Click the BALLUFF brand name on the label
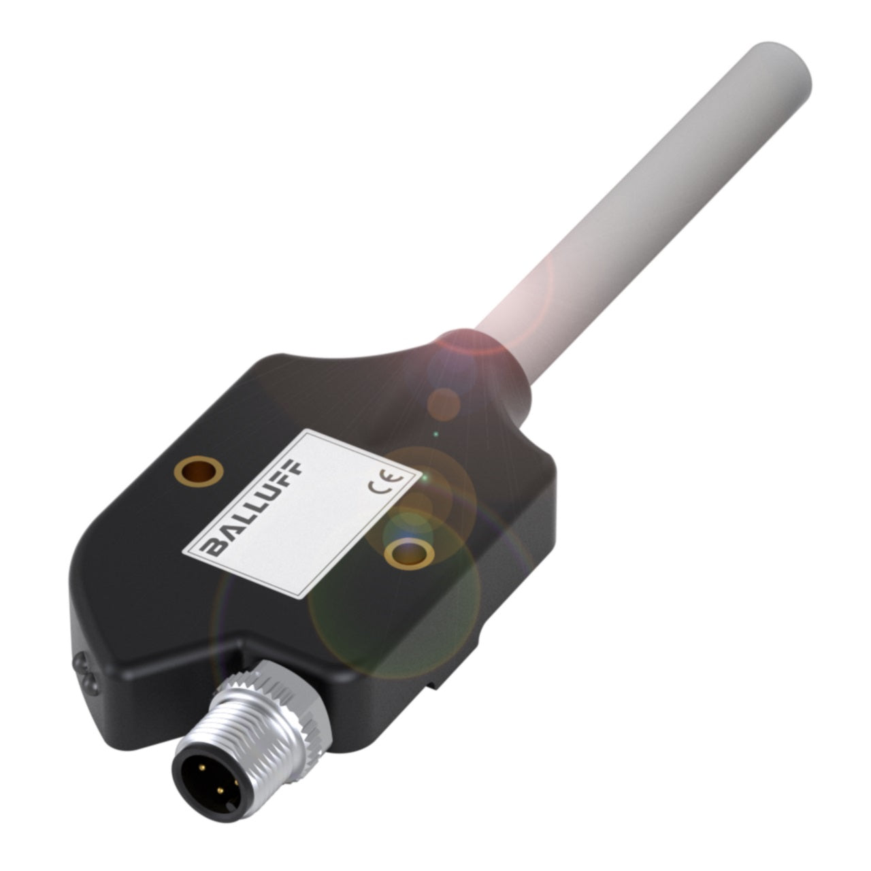(253, 507)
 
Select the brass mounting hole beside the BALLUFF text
(198, 470)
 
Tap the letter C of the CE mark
(377, 488)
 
